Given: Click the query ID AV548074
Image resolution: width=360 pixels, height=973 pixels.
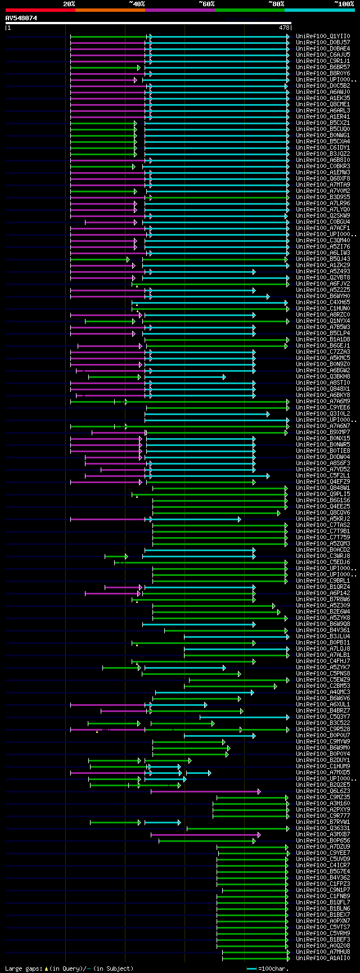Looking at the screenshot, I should [x=21, y=18].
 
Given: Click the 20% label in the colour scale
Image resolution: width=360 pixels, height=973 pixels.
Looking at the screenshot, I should [x=69, y=4].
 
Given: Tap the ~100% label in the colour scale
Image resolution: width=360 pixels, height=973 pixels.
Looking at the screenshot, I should [x=344, y=4].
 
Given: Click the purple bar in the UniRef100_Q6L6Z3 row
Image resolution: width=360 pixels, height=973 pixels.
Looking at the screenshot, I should [x=205, y=791].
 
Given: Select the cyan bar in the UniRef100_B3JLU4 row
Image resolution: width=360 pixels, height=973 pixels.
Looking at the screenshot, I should [x=236, y=637].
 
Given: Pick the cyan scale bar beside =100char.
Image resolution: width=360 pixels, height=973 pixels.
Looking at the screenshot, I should [x=251, y=969].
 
